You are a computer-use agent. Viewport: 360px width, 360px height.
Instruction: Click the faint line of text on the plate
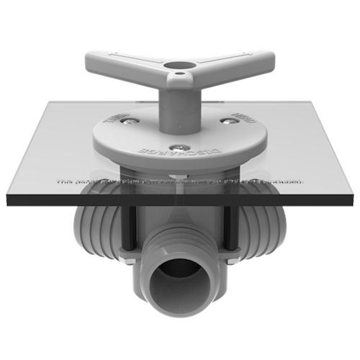[180, 183]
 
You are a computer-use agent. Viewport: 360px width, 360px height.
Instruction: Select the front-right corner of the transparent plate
[355, 190]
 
